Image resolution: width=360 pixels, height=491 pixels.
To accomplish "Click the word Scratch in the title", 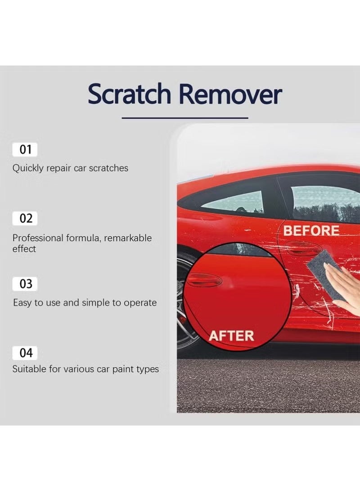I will [x=129, y=95].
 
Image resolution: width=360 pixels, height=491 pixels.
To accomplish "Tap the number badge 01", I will [x=25, y=149].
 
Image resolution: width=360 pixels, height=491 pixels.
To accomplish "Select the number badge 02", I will [x=26, y=219].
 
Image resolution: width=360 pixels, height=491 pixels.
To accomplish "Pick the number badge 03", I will [x=26, y=284].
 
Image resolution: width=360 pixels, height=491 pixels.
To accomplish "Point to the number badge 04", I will [x=26, y=353].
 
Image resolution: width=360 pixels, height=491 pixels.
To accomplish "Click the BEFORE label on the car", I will [x=311, y=231].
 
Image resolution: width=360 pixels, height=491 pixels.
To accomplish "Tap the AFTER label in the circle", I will [x=231, y=336].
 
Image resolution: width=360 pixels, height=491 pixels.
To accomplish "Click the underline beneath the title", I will [x=184, y=118].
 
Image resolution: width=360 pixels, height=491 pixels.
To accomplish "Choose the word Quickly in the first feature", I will [x=28, y=168].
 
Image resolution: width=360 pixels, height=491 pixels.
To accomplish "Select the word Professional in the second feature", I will [x=38, y=238].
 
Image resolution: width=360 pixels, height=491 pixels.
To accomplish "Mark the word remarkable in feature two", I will [x=128, y=238].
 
